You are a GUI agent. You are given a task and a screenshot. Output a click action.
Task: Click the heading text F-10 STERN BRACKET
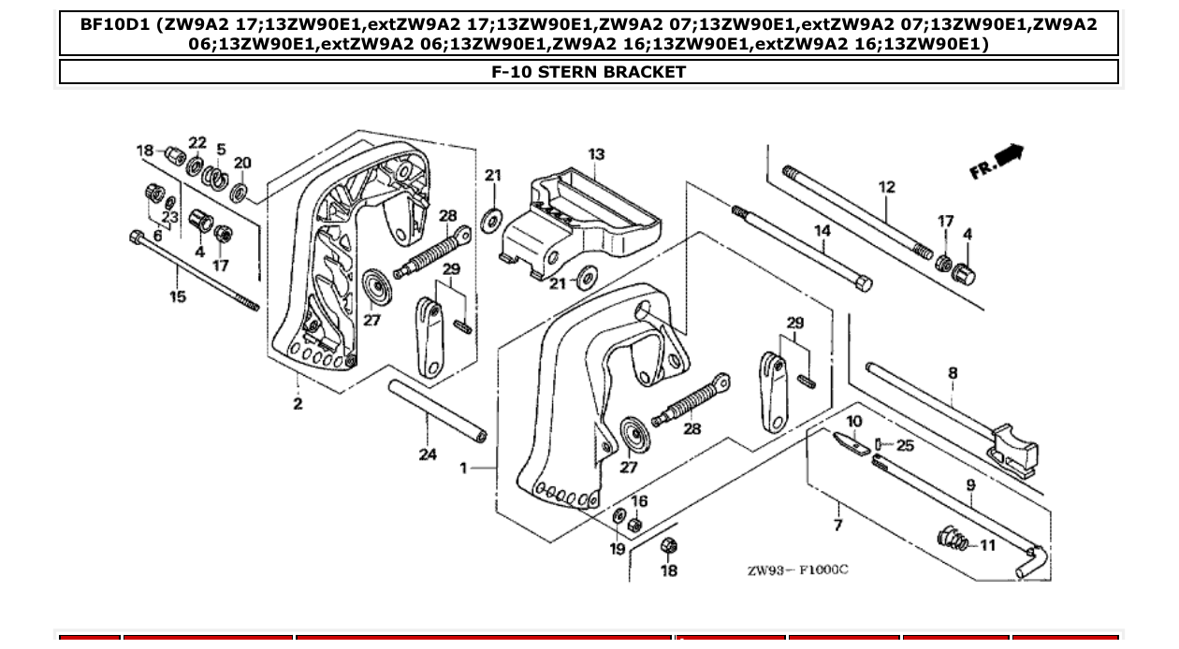(589, 72)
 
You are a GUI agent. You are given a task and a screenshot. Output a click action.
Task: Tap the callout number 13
(596, 154)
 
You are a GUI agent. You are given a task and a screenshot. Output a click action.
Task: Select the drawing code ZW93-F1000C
(797, 570)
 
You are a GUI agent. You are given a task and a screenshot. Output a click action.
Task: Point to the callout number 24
(428, 455)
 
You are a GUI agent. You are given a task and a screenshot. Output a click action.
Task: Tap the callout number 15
(178, 296)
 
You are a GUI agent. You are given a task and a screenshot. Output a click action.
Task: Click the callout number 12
(887, 187)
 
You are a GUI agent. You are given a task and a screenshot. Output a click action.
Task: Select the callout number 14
(822, 231)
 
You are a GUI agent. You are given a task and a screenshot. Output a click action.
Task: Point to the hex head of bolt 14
(864, 282)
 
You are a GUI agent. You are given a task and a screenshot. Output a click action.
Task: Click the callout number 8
(953, 373)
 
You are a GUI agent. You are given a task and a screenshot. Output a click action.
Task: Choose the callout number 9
(970, 484)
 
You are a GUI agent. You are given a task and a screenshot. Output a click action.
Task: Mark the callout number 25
(905, 445)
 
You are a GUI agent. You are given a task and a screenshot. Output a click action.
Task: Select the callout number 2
(298, 404)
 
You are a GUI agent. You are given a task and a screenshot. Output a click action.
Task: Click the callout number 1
(463, 468)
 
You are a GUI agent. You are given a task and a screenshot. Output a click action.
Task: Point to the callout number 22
(197, 142)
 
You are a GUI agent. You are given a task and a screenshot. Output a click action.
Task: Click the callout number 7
(837, 525)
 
